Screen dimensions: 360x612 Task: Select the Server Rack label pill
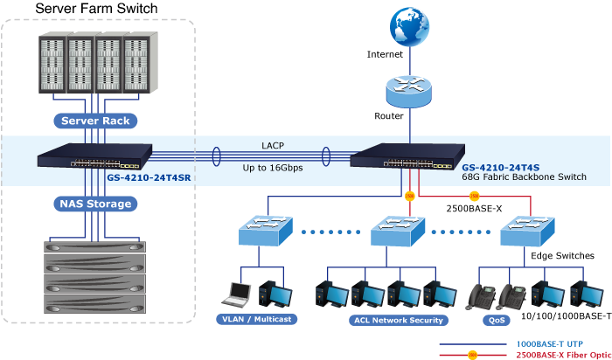[97, 121]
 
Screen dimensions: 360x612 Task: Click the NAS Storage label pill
[97, 204]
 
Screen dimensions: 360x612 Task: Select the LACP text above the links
[273, 145]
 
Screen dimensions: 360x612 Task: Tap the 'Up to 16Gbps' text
[273, 167]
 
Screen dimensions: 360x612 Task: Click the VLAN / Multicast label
[254, 320]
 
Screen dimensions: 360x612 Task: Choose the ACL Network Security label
[386, 321]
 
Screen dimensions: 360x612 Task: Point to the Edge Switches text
[563, 256]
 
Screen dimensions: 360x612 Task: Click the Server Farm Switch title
[97, 9]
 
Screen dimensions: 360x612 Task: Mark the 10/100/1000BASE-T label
[565, 315]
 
